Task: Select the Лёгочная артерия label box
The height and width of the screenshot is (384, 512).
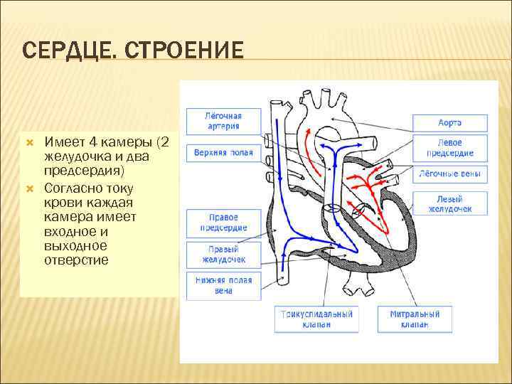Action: pyautogui.click(x=223, y=121)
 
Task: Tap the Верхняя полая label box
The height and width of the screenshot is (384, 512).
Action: pyautogui.click(x=223, y=153)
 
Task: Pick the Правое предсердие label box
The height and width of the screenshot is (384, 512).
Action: pyautogui.click(x=223, y=223)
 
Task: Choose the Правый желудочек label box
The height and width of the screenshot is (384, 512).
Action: pyautogui.click(x=223, y=255)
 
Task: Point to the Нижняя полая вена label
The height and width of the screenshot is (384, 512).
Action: pyautogui.click(x=223, y=285)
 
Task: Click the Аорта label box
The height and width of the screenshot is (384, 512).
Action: pyautogui.click(x=450, y=122)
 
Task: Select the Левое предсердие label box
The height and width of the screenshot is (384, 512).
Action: pyautogui.click(x=450, y=148)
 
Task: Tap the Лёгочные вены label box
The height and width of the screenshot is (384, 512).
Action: pyautogui.click(x=450, y=174)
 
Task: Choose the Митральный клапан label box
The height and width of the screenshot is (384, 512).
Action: pyautogui.click(x=415, y=319)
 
